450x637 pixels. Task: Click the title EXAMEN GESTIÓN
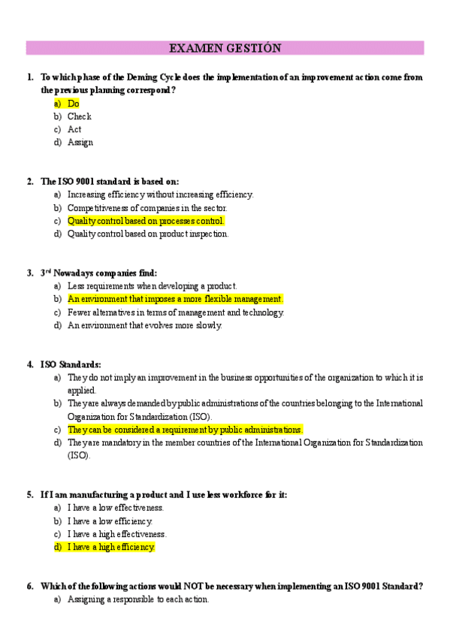pyautogui.click(x=225, y=48)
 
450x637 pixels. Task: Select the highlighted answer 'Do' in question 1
pyautogui.click(x=73, y=104)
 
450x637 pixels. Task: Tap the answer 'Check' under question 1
pyautogui.click(x=79, y=116)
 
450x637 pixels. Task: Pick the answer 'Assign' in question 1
pyautogui.click(x=80, y=142)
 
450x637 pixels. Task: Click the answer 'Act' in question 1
pyautogui.click(x=74, y=129)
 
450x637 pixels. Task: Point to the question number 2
pyautogui.click(x=30, y=181)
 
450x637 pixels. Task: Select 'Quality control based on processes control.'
pyautogui.click(x=146, y=221)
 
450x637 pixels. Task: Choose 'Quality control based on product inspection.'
pyautogui.click(x=148, y=234)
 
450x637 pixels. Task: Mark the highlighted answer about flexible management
pyautogui.click(x=175, y=299)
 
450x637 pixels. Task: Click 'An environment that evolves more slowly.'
pyautogui.click(x=145, y=325)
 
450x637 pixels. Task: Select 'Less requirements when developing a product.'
pyautogui.click(x=152, y=286)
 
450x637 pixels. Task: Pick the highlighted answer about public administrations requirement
pyautogui.click(x=185, y=430)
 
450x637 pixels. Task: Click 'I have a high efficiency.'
pyautogui.click(x=111, y=548)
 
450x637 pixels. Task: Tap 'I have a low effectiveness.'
pyautogui.click(x=116, y=508)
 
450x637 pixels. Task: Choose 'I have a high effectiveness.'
pyautogui.click(x=117, y=534)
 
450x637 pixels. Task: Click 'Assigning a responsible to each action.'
pyautogui.click(x=138, y=599)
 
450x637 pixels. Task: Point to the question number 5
pyautogui.click(x=30, y=494)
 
